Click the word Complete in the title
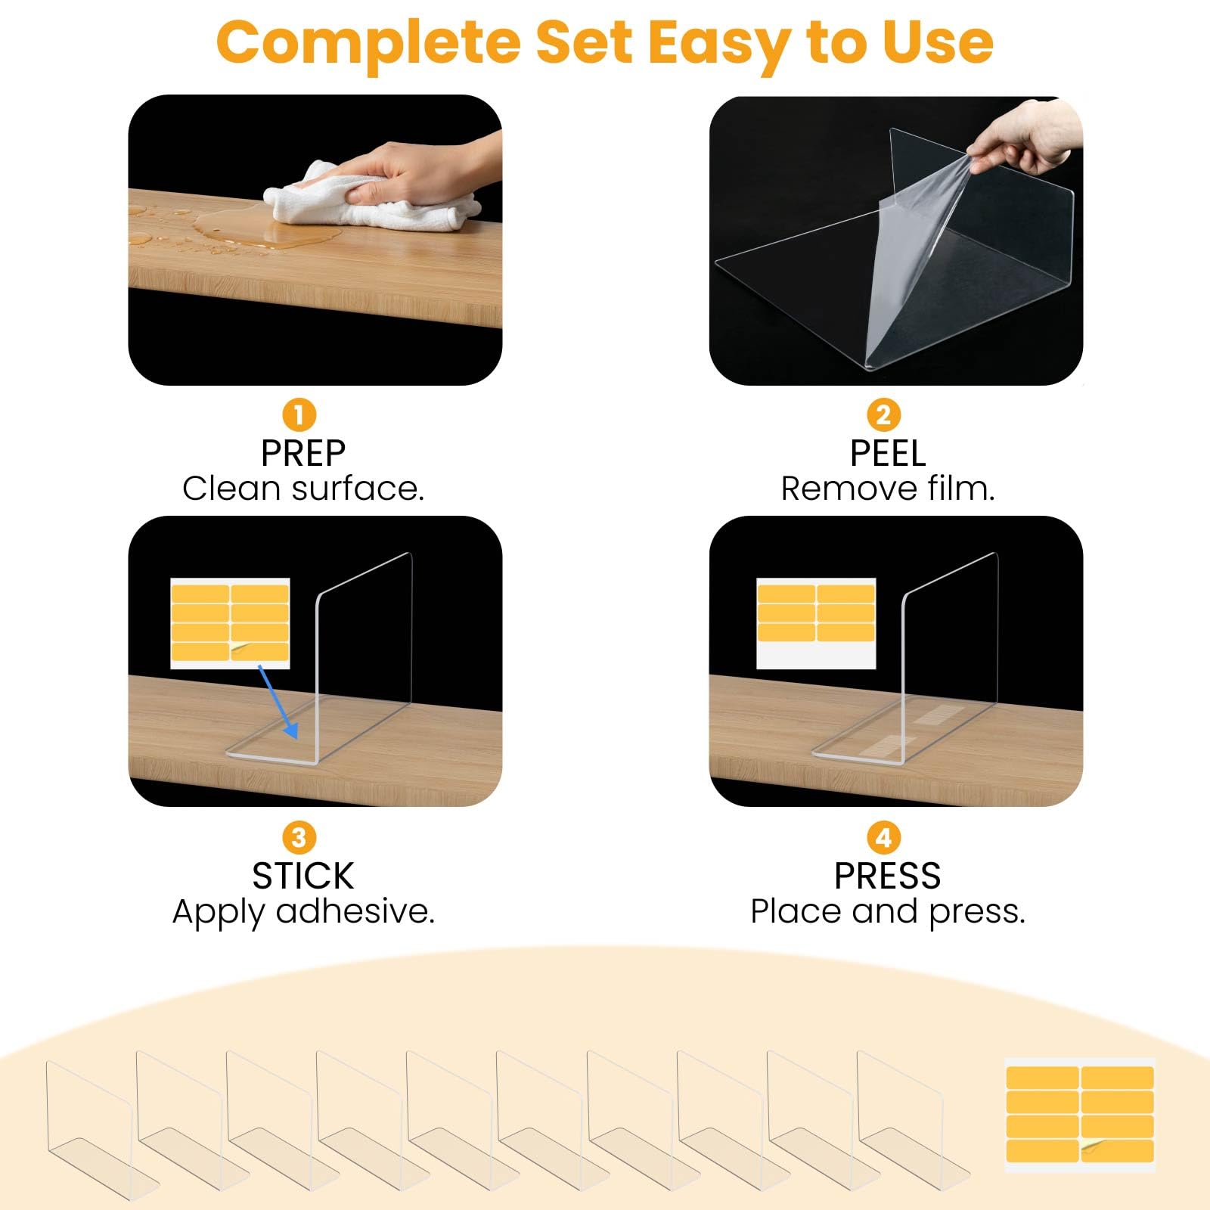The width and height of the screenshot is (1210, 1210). [368, 44]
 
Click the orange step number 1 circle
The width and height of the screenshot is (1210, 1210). [299, 414]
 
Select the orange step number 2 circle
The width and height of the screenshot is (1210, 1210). [883, 414]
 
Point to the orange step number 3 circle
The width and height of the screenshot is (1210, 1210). [299, 837]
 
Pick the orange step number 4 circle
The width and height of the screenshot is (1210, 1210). [883, 837]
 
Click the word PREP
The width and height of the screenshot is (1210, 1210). [303, 454]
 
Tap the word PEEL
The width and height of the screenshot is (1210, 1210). [888, 454]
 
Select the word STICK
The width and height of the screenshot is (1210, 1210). [303, 876]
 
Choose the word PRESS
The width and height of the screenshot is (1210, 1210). [888, 876]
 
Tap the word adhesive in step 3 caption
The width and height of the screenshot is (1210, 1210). [355, 911]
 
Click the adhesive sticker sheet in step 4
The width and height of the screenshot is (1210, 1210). [816, 623]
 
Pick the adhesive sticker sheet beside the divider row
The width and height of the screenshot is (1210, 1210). [1080, 1115]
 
